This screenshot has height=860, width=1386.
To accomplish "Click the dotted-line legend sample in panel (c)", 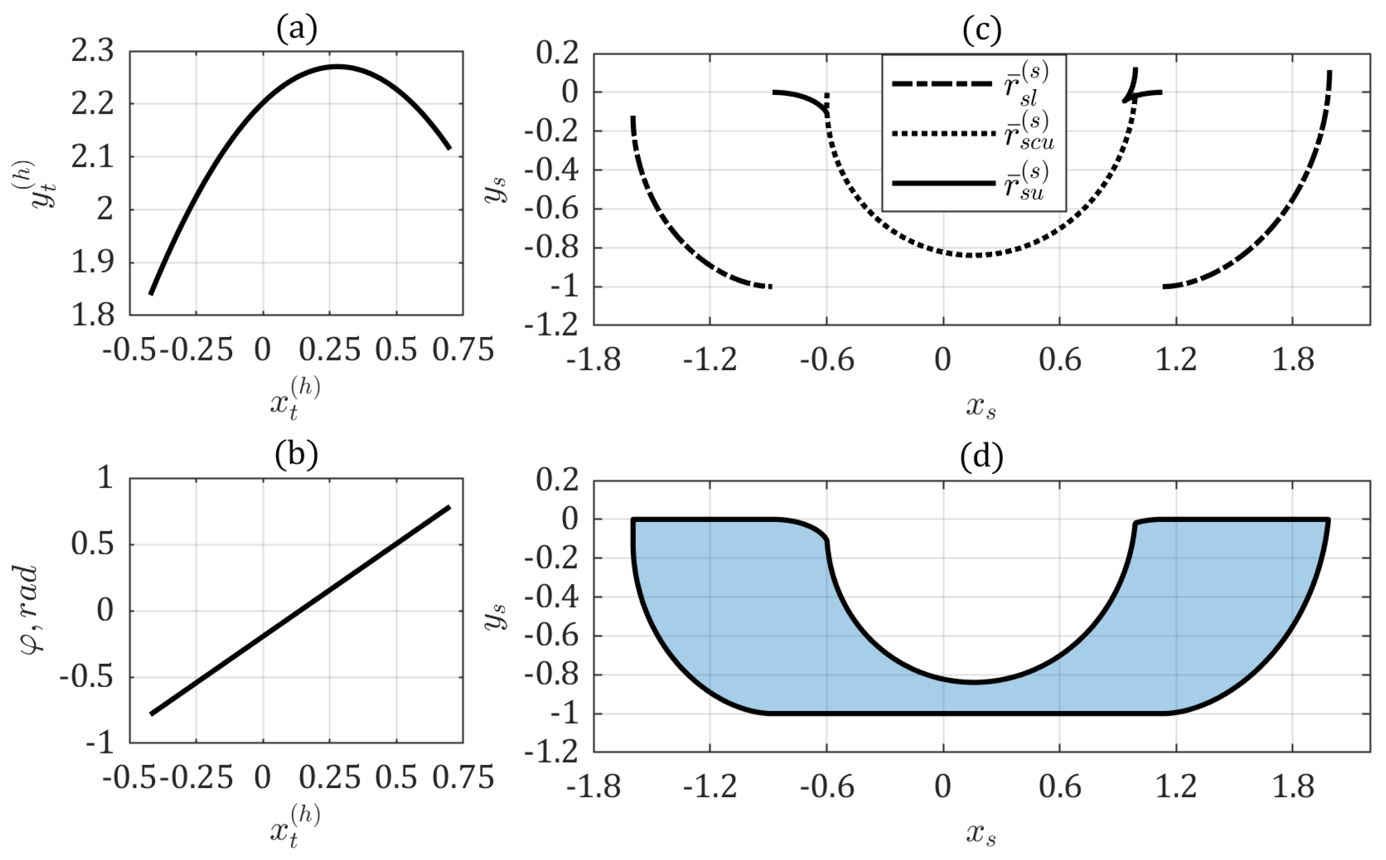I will pos(942,134).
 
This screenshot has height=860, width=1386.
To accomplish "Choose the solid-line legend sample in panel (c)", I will pos(942,183).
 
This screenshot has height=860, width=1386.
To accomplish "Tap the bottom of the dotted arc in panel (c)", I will pos(973,255).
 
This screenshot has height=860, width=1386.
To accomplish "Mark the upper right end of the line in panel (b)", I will pos(450,506).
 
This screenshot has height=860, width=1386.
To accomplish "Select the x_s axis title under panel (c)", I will pos(981,407).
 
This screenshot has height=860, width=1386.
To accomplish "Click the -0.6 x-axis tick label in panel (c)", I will pos(826,360).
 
